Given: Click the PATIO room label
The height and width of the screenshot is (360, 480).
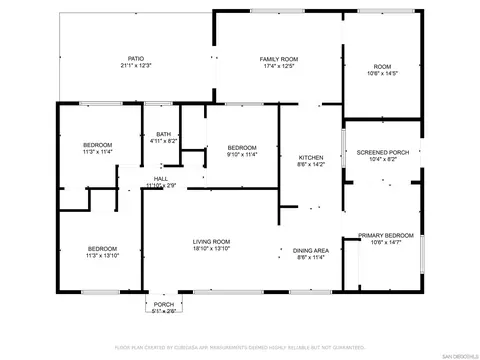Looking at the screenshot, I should (x=134, y=59).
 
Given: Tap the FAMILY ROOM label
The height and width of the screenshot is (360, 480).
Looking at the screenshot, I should (x=280, y=59).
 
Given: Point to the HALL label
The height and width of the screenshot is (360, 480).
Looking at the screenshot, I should (x=160, y=178).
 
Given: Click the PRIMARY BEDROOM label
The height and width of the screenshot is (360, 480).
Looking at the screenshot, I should (x=384, y=234).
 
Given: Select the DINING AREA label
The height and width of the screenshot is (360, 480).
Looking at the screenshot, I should (x=311, y=250).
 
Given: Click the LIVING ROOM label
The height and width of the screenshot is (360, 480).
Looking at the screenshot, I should (x=212, y=241).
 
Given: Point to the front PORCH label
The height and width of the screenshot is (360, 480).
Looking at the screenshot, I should (x=163, y=304).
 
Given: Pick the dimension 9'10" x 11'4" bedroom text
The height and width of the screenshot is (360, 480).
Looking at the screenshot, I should (x=242, y=154).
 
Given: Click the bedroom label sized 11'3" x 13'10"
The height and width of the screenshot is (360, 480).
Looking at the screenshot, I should (x=102, y=248).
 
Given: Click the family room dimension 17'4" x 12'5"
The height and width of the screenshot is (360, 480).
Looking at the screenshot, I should (x=280, y=66).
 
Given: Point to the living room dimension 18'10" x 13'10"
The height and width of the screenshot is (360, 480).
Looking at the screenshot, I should (x=212, y=249).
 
